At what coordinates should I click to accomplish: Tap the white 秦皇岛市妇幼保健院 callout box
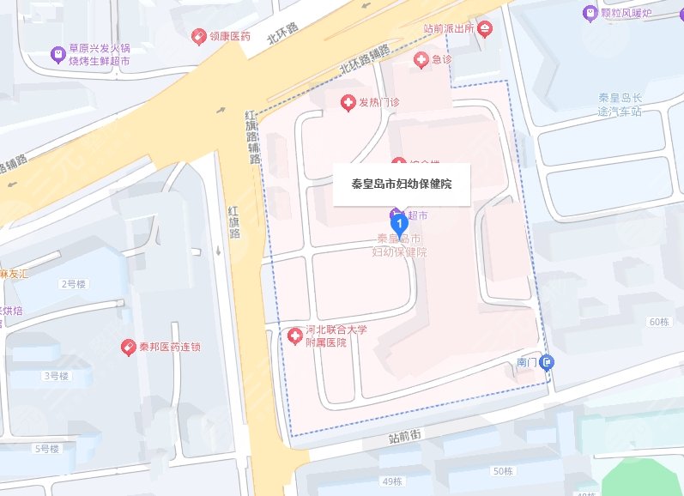402,184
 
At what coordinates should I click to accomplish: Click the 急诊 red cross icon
421,59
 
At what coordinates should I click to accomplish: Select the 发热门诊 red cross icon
348,103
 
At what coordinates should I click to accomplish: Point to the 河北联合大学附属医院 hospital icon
294,334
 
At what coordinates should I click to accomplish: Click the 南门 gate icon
547,362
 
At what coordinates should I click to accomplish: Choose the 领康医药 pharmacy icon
199,37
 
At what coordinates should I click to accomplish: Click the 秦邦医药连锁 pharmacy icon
130,348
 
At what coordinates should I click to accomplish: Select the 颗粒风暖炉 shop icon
590,13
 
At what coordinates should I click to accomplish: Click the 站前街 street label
403,439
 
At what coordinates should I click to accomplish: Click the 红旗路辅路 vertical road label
251,137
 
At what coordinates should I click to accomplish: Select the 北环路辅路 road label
364,59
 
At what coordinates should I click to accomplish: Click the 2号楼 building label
75,283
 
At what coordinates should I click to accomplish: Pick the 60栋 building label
659,322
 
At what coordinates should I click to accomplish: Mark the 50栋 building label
503,471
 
